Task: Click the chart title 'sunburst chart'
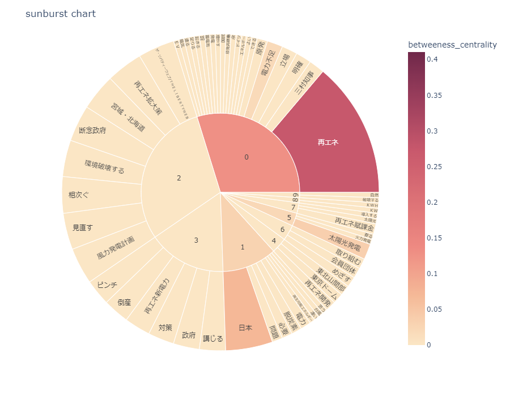(x=61, y=14)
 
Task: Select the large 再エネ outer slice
(x=328, y=143)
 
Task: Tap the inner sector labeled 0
(x=246, y=157)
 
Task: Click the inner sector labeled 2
(x=179, y=178)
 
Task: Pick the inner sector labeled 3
(x=196, y=240)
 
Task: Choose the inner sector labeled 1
(x=243, y=247)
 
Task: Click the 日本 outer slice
(x=245, y=328)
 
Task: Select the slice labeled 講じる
(x=213, y=338)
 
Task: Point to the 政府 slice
(x=189, y=335)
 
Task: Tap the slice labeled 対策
(x=165, y=327)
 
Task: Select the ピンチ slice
(x=107, y=285)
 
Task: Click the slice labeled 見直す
(x=83, y=227)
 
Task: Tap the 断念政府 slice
(x=92, y=131)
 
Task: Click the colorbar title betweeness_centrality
(x=452, y=44)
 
